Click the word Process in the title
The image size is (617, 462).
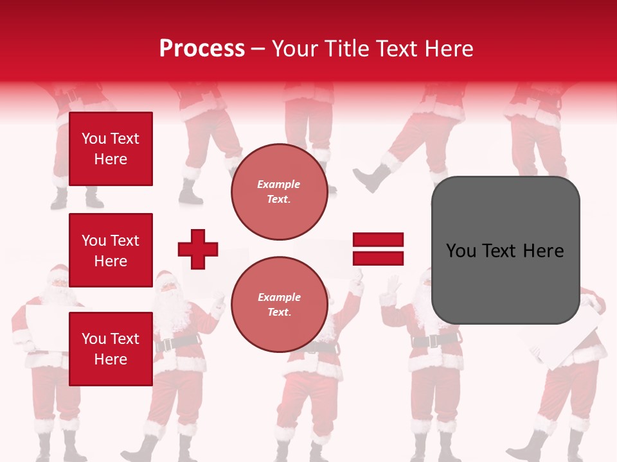click(x=202, y=49)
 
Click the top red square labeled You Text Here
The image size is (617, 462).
click(x=111, y=149)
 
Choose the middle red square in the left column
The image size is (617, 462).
click(x=111, y=250)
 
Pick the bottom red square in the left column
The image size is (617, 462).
click(x=111, y=349)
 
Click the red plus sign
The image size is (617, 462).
click(x=198, y=249)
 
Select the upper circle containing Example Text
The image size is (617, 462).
click(x=279, y=192)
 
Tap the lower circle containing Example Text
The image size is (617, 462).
click(x=279, y=304)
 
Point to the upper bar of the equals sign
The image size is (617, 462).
click(x=378, y=240)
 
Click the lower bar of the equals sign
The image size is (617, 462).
click(x=378, y=259)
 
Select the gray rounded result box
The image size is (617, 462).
click(x=505, y=250)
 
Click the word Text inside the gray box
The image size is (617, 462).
click(x=505, y=251)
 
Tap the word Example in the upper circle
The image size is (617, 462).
click(x=279, y=185)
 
